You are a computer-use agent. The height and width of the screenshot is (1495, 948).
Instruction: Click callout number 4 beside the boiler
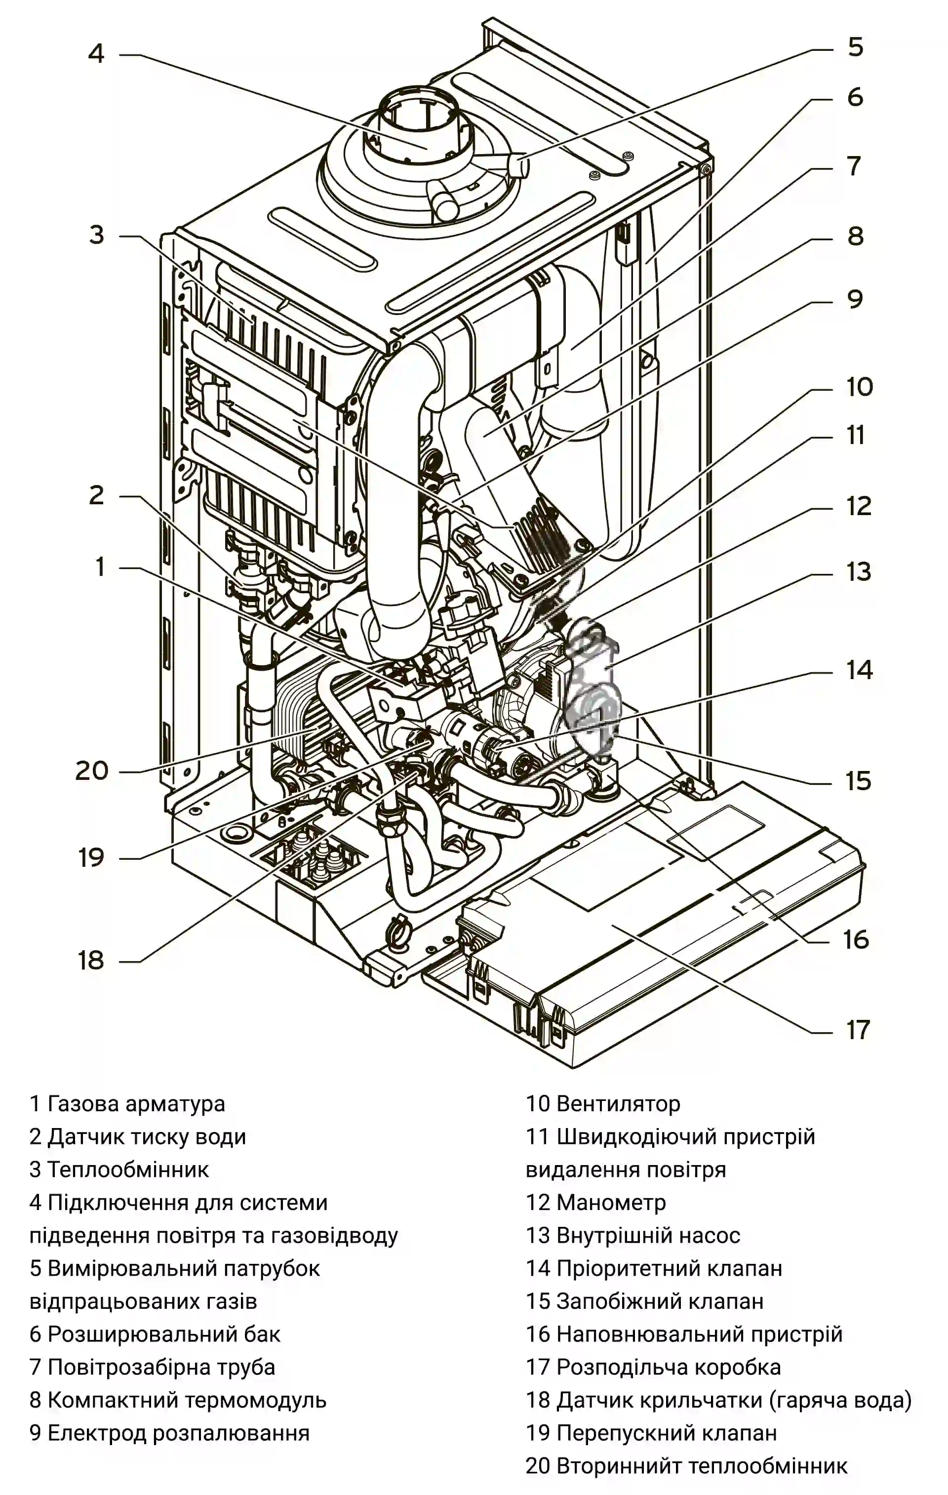click(96, 54)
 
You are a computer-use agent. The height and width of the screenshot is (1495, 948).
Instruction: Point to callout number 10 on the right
click(859, 387)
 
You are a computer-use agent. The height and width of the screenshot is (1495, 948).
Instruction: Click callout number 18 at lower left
click(91, 961)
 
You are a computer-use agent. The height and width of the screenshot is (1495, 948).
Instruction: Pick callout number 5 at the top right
click(856, 47)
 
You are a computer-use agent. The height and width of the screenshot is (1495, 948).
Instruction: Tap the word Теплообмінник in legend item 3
click(128, 1170)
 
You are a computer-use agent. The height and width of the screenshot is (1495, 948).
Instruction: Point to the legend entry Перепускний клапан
click(666, 1433)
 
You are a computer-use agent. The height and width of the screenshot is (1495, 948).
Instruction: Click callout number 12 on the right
click(859, 507)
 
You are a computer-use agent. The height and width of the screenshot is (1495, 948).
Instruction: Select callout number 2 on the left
click(96, 495)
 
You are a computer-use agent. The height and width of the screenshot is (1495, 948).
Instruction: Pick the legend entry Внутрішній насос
click(648, 1236)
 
